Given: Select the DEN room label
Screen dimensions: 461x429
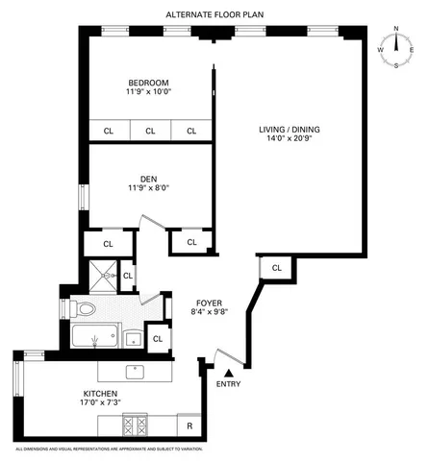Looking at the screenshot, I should coord(148,178).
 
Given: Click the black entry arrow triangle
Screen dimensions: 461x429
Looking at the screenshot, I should coord(228,374).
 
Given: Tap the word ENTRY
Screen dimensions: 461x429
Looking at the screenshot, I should coord(228,385).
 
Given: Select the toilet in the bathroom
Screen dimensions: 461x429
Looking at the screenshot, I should coord(85,309).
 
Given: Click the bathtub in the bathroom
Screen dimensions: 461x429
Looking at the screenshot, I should coord(94,338).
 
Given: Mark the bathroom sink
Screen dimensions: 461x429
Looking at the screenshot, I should coord(133,338).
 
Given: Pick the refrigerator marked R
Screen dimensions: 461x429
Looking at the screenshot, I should coord(190,424).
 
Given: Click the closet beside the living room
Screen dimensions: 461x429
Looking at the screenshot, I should coord(276,269).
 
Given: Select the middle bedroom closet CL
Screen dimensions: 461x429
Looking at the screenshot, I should coord(150,132).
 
